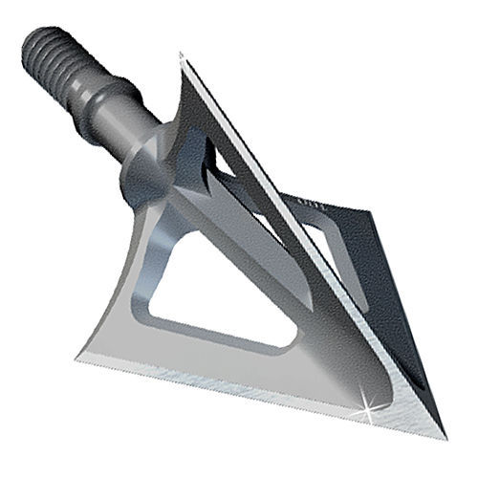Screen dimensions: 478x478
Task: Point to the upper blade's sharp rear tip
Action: (x=180, y=54)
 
